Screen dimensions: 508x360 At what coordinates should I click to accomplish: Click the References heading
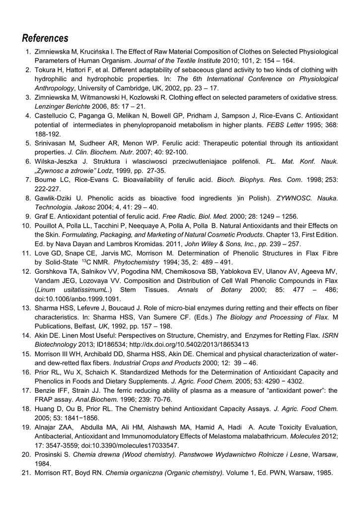point(45,38)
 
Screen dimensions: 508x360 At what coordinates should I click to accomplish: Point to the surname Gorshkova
point(53,272)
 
